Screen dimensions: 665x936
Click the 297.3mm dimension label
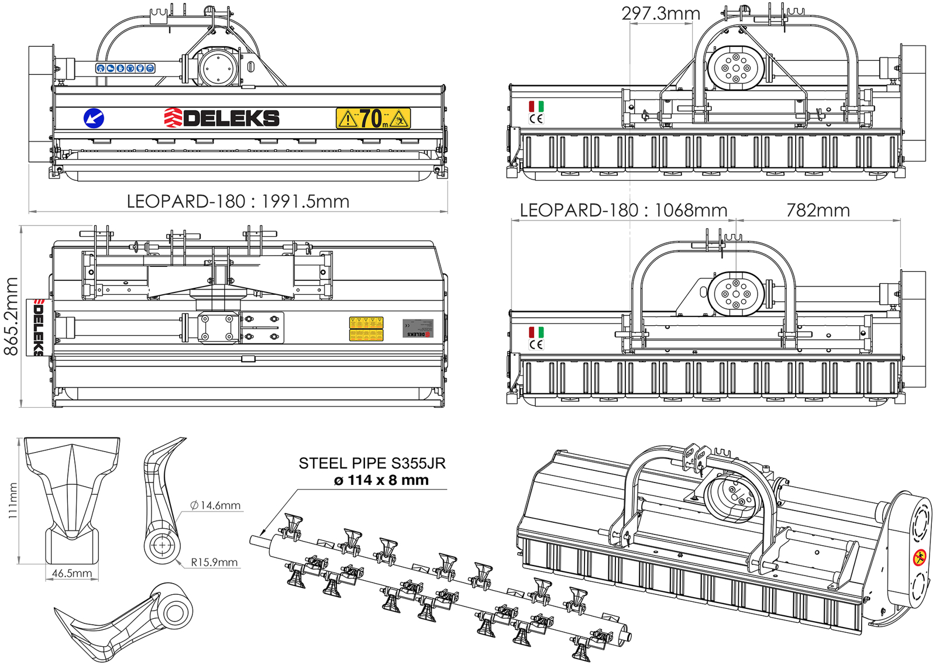pos(660,13)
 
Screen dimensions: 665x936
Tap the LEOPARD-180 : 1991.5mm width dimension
pos(238,201)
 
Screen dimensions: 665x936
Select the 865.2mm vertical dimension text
pos(11,316)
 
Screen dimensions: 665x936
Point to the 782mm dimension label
pos(817,210)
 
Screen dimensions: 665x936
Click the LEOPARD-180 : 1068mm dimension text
pos(623,210)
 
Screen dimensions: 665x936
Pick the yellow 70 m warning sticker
pos(373,118)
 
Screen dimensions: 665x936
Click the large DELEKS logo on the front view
pos(222,118)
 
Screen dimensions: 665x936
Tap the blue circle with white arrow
pos(94,118)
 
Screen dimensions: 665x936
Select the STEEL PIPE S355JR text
pos(372,463)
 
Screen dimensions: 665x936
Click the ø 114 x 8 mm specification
pos(381,480)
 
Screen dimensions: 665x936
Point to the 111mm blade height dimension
pos(13,501)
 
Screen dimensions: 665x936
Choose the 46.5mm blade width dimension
pos(72,573)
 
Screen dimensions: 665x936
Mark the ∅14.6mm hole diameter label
pos(215,505)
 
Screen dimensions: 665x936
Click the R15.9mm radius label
pos(214,563)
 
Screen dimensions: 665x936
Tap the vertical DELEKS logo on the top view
pos(36,328)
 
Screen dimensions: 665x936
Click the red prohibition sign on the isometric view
pos(919,557)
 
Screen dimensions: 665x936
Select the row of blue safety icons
pos(125,68)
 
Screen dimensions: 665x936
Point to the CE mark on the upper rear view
pos(536,119)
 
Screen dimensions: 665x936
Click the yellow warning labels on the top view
pos(366,329)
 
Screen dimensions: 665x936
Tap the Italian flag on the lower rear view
pos(536,332)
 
